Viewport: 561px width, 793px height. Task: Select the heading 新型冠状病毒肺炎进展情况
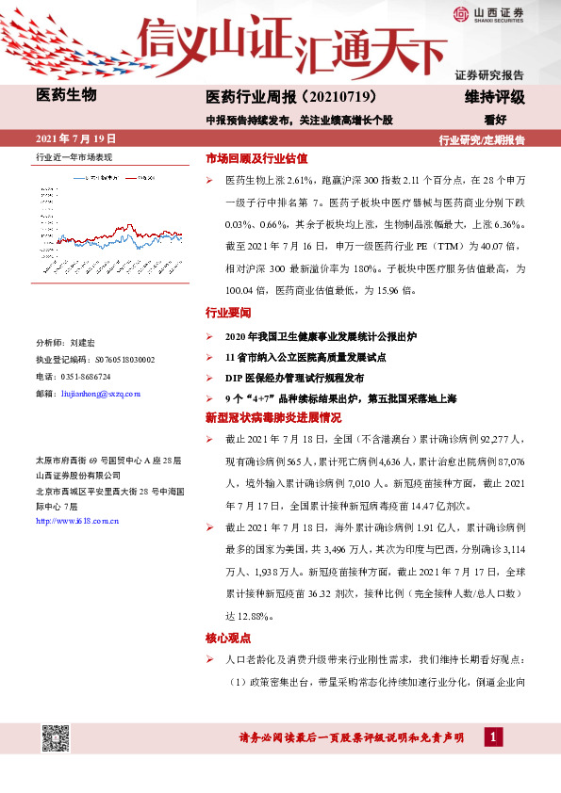click(x=267, y=416)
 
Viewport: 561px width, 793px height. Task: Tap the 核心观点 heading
click(x=228, y=638)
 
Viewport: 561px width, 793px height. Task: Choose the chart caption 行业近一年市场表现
click(x=74, y=157)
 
